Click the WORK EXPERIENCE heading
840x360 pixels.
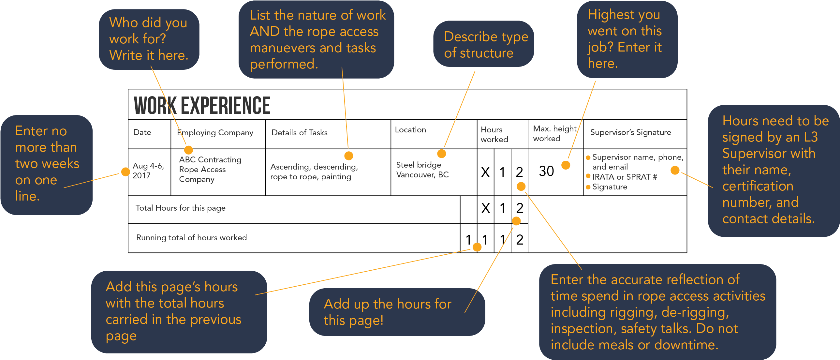[202, 105]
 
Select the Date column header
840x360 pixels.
[142, 132]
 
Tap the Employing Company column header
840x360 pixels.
[215, 132]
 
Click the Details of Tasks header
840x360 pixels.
[299, 132]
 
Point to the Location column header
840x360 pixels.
[410, 129]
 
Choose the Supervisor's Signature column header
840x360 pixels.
[630, 132]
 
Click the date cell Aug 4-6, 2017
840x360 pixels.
[148, 171]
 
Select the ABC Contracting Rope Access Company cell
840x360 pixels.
[210, 170]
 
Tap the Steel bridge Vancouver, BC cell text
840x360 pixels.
[422, 170]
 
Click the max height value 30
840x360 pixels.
[546, 171]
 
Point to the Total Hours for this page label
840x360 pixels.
[180, 208]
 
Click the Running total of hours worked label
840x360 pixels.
[191, 237]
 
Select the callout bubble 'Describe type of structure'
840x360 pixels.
[484, 44]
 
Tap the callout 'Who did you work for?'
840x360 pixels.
[149, 39]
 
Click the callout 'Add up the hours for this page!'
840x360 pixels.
[397, 312]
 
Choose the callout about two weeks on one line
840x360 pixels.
[47, 165]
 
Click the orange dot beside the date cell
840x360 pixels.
[125, 172]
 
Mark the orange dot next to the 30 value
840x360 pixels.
[566, 165]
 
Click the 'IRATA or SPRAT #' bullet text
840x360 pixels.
[625, 177]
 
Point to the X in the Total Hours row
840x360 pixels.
[486, 208]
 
